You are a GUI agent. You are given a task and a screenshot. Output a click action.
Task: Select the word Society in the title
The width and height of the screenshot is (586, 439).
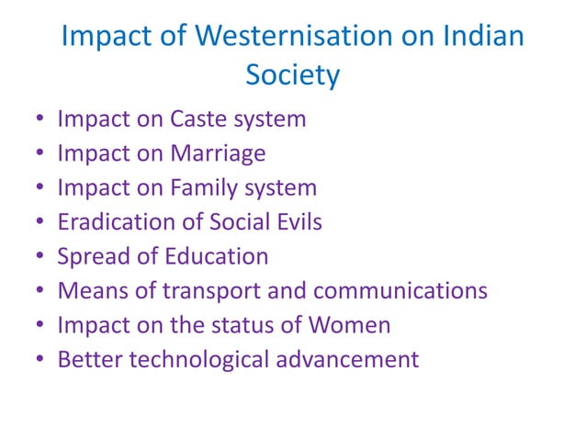coord(293,75)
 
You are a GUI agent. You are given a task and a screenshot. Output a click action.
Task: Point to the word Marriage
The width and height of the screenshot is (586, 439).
coord(218,153)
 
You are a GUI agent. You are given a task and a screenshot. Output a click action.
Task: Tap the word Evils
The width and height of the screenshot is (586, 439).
coord(296,222)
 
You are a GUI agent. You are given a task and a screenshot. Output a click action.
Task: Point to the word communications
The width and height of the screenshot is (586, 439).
coord(400,291)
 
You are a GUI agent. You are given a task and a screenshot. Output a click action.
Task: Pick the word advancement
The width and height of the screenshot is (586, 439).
coord(356,359)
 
